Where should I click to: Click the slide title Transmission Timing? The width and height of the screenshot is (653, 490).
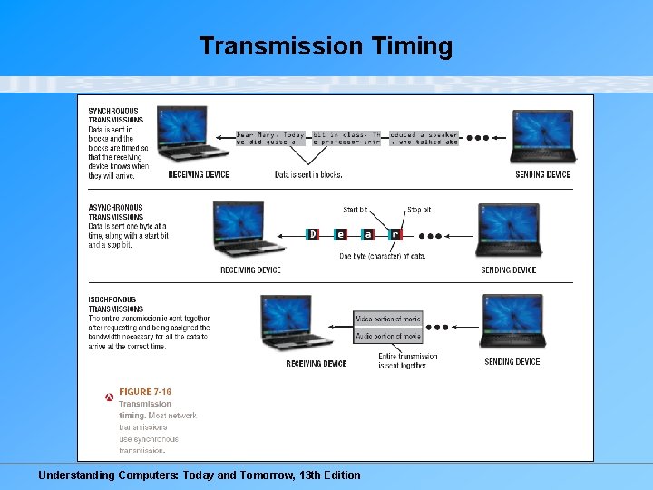click(x=326, y=46)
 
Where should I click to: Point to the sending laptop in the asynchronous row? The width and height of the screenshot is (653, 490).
click(x=508, y=232)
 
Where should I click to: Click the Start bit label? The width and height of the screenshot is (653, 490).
click(x=356, y=210)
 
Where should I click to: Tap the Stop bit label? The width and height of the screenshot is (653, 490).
click(x=419, y=210)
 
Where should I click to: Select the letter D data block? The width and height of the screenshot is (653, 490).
click(x=313, y=234)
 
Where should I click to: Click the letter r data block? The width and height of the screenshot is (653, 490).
click(x=395, y=234)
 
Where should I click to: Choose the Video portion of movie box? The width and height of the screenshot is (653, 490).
click(x=388, y=319)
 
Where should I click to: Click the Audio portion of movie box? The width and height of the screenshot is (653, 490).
click(x=388, y=336)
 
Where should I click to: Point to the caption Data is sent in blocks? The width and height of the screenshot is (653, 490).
click(x=308, y=174)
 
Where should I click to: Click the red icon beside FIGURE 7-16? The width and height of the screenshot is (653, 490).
click(x=109, y=397)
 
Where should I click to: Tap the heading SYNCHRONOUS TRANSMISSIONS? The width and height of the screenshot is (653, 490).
click(x=115, y=115)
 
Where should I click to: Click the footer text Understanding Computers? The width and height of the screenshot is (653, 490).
click(x=199, y=475)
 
